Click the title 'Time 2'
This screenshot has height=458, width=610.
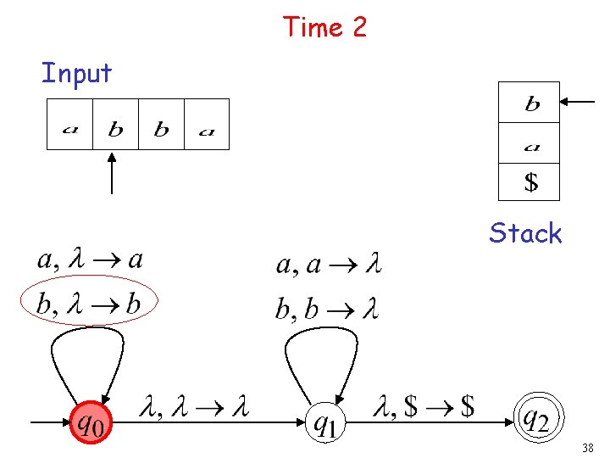[325, 27]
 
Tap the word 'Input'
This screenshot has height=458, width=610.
[76, 73]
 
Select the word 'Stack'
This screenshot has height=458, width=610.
[525, 233]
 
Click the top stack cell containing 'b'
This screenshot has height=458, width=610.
[530, 103]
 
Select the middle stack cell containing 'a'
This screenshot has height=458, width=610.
[530, 142]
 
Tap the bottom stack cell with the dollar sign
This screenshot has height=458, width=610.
[530, 181]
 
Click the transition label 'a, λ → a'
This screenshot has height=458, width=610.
[89, 260]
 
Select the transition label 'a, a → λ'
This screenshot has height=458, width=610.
[329, 265]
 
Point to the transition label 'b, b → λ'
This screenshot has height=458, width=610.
[327, 307]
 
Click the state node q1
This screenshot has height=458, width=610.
[323, 422]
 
